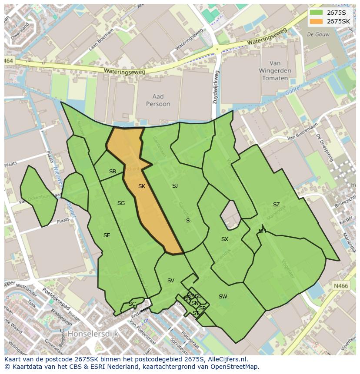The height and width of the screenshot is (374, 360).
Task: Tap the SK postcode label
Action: tap(142, 186)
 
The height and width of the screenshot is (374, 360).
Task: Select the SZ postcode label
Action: tap(277, 205)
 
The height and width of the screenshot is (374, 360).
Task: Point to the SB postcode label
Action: tap(113, 172)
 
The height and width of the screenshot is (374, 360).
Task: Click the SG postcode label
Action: tap(121, 203)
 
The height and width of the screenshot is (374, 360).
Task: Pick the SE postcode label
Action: tap(107, 235)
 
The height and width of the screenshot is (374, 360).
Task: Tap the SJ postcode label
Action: tap(175, 186)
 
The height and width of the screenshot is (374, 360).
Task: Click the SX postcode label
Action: tap(224, 239)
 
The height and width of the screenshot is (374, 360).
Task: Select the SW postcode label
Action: tap(223, 297)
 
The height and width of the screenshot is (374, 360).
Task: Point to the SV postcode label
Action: tap(171, 281)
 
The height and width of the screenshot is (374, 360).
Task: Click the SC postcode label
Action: tap(132, 304)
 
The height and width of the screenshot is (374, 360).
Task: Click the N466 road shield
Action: tap(341, 286)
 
